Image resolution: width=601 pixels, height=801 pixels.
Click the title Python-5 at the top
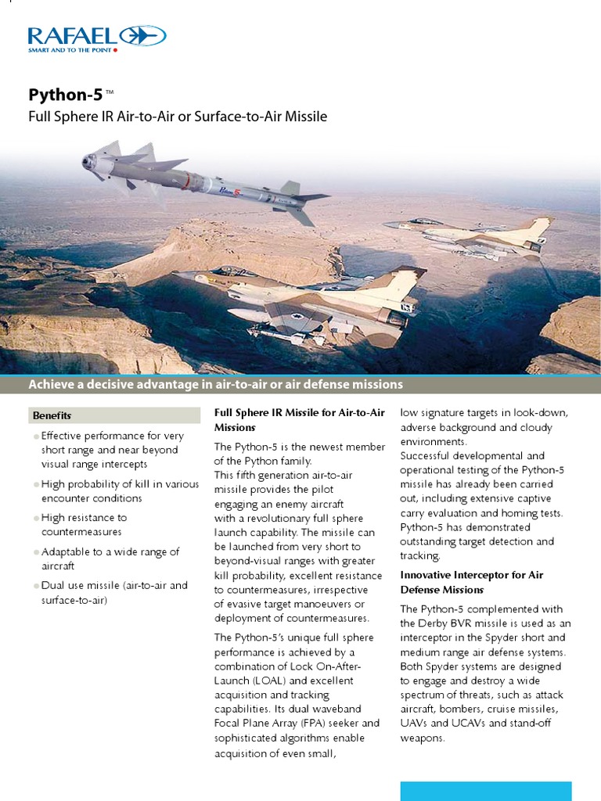pyautogui.click(x=65, y=95)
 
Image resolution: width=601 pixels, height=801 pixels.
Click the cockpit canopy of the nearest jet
pyautogui.click(x=227, y=271)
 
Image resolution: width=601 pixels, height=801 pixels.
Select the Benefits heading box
pyautogui.click(x=114, y=415)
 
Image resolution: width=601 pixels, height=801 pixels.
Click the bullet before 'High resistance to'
pyautogui.click(x=36, y=519)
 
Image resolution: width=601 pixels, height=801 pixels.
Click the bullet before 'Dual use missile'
pyautogui.click(x=36, y=587)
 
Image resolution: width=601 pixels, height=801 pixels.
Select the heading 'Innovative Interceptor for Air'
pyautogui.click(x=471, y=575)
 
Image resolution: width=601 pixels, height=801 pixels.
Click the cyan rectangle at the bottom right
pyautogui.click(x=485, y=791)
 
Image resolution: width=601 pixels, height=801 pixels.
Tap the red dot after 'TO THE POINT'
pyautogui.click(x=116, y=50)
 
